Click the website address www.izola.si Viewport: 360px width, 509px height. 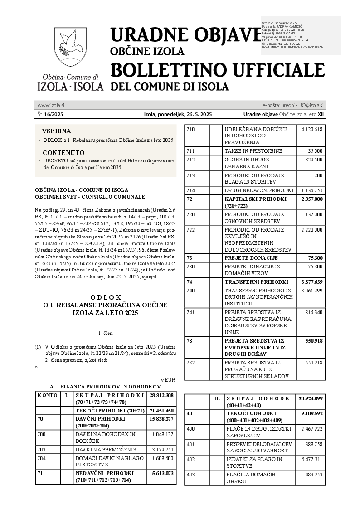[50, 105]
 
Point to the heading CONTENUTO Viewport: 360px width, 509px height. [63, 153]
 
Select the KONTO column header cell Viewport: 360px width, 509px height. [47, 395]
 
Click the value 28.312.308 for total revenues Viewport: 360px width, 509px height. [161, 395]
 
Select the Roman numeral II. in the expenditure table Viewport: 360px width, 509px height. [217, 398]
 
